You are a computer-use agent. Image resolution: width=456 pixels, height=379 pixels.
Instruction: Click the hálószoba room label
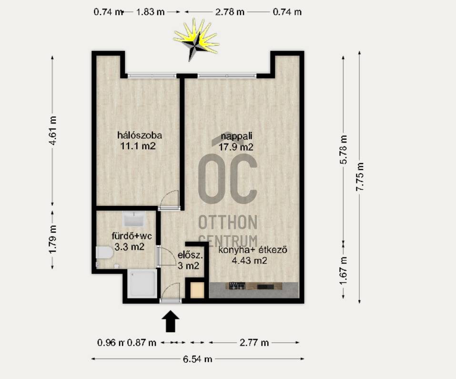[140, 135]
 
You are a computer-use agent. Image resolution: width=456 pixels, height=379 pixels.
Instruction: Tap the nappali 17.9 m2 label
[236, 142]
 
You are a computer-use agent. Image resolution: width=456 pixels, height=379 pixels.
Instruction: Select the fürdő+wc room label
[132, 236]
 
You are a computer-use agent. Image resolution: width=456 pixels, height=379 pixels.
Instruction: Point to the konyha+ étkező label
[253, 250]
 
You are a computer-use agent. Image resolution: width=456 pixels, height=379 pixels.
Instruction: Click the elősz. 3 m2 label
[190, 260]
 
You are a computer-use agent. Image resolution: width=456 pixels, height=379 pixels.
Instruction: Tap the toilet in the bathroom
[104, 253]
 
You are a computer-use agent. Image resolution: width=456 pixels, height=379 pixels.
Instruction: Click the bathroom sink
[134, 219]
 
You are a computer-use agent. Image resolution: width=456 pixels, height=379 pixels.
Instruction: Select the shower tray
[142, 284]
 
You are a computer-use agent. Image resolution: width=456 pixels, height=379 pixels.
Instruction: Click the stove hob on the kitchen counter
[237, 286]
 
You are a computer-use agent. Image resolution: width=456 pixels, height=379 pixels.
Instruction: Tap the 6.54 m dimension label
[197, 359]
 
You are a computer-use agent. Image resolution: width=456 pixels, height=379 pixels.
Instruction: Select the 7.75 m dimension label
[360, 176]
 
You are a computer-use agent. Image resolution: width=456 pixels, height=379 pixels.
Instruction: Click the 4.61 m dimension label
[52, 130]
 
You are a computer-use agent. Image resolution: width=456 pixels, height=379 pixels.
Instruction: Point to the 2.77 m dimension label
[254, 343]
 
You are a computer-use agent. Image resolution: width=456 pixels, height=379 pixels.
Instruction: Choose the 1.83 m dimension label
[151, 12]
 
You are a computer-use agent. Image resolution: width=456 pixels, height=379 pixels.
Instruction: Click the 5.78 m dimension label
[344, 150]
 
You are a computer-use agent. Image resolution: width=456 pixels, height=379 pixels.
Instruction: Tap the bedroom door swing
[170, 200]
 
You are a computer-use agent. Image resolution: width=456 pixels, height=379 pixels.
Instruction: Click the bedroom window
[152, 76]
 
